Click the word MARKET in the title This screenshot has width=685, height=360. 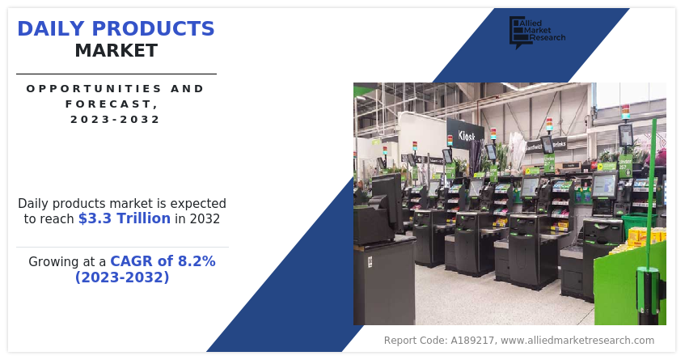pyautogui.click(x=116, y=51)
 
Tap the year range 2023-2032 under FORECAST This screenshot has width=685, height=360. pyautogui.click(x=115, y=119)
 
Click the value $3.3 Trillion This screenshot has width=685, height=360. pyautogui.click(x=125, y=218)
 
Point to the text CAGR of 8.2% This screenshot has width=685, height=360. pyautogui.click(x=163, y=261)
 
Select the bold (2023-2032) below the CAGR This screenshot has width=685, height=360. pyautogui.click(x=122, y=277)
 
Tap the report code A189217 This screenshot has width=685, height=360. pyautogui.click(x=470, y=341)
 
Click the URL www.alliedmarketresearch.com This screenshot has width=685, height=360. pyautogui.click(x=577, y=341)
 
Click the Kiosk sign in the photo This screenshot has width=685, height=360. pyautogui.click(x=466, y=135)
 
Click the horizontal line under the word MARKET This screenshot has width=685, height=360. pyautogui.click(x=116, y=74)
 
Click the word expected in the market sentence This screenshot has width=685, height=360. pyautogui.click(x=199, y=203)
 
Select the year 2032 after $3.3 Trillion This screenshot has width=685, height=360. pyautogui.click(x=204, y=218)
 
